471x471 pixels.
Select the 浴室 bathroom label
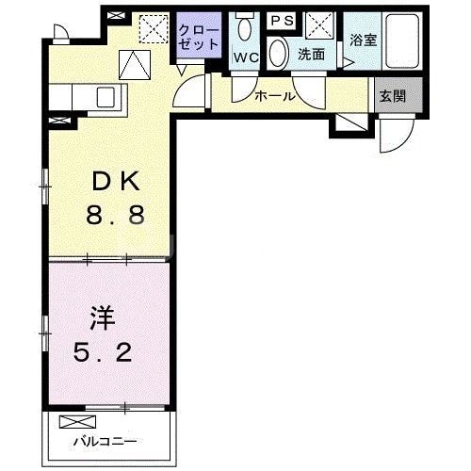[364, 41]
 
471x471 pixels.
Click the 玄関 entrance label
[392, 95]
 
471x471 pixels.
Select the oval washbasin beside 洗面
[279, 54]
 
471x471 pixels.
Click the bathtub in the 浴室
[400, 43]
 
